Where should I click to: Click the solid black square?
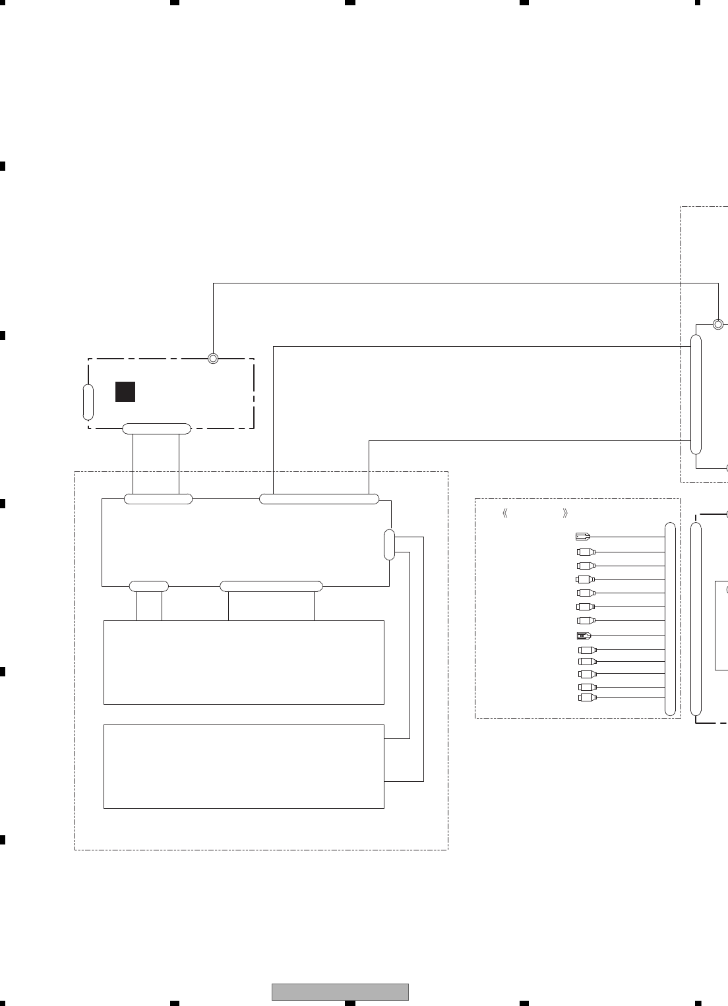(125, 392)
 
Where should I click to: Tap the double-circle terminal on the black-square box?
(213, 359)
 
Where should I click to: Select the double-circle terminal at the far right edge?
(718, 324)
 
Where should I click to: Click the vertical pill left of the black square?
(88, 402)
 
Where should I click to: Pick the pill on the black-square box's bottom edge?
(157, 429)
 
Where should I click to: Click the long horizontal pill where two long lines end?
(319, 499)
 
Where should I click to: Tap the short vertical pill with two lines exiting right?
(390, 545)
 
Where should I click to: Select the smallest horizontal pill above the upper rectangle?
(149, 586)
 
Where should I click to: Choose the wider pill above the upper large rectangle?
(271, 586)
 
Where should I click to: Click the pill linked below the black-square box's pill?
(158, 499)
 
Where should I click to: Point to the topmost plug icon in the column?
(583, 537)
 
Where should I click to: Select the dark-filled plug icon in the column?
(584, 636)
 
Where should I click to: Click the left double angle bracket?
(505, 514)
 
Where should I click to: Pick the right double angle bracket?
(565, 514)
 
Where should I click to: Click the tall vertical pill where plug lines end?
(671, 619)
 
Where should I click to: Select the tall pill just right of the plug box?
(696, 619)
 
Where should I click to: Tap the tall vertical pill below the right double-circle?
(696, 394)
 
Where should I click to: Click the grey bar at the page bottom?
(340, 992)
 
